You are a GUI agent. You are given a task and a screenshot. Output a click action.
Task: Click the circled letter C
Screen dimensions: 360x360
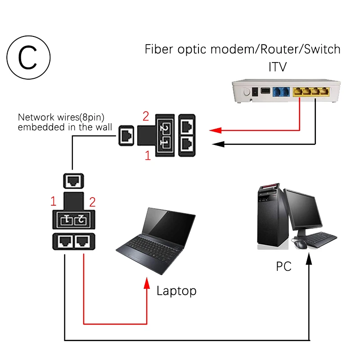(x=28, y=58)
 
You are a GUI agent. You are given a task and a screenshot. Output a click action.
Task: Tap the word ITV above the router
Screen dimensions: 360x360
(x=278, y=67)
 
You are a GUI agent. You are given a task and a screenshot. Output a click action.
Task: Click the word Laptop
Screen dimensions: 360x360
(x=176, y=291)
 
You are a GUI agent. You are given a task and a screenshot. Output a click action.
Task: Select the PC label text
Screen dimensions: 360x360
(x=283, y=266)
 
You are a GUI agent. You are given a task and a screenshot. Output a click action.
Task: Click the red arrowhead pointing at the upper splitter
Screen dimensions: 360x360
(x=216, y=130)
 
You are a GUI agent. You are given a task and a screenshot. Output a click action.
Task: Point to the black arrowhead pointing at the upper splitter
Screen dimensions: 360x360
(x=218, y=144)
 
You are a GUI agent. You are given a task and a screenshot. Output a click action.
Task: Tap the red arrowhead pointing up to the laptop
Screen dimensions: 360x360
(x=147, y=283)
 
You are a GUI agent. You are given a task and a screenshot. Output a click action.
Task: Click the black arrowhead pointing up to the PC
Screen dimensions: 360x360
(x=309, y=259)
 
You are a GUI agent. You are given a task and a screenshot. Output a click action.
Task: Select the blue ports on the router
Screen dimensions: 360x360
(x=281, y=92)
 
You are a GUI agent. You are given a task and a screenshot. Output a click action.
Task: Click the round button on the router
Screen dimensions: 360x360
(x=247, y=92)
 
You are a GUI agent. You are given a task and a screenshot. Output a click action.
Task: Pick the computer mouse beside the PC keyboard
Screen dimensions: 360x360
(x=300, y=244)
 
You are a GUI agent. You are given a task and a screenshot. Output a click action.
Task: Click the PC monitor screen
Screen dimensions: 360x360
(x=303, y=211)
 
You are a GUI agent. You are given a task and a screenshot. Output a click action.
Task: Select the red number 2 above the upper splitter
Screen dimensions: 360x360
(x=146, y=116)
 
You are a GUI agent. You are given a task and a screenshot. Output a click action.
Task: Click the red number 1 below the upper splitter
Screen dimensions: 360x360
(x=148, y=155)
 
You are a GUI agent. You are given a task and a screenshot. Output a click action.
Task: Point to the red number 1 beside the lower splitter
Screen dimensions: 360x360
(x=53, y=201)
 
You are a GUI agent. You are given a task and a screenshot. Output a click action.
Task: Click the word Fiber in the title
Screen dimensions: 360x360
(x=159, y=49)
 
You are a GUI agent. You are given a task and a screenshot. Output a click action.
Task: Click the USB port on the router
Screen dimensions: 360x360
(x=265, y=91)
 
